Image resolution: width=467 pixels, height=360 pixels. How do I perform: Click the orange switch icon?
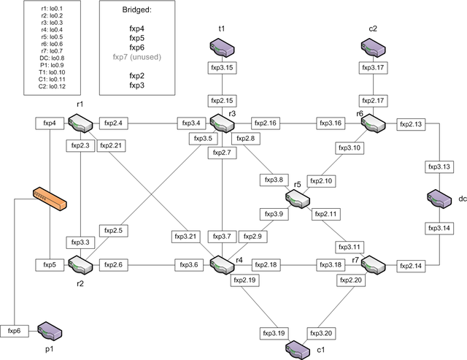(49, 196)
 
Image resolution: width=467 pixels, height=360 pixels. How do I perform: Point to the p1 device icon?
(49, 330)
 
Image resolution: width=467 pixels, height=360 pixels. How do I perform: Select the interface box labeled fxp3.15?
(222, 68)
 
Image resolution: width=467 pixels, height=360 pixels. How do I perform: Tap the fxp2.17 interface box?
(373, 100)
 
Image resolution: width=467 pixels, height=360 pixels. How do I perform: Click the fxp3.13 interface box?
(439, 167)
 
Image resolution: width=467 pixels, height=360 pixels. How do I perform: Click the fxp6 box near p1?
(14, 330)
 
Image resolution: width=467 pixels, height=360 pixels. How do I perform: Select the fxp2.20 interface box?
(350, 280)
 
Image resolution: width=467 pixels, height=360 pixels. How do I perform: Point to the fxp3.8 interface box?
(273, 179)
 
